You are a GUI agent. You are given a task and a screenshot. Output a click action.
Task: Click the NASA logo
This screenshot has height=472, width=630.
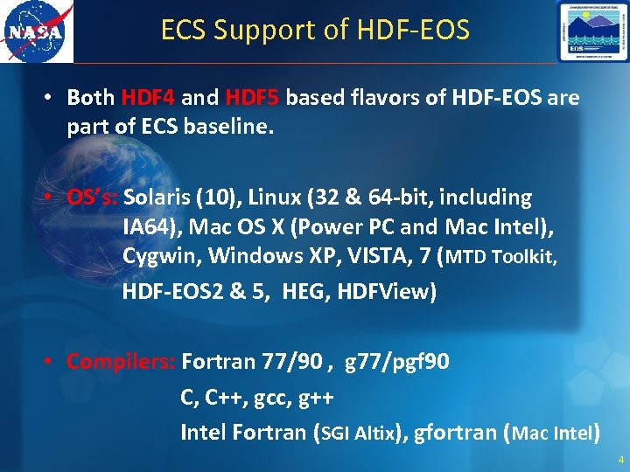point(36,31)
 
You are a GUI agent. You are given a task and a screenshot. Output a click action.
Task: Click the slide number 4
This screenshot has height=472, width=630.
point(620,460)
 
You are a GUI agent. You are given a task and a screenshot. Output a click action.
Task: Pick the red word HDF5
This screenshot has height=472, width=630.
point(252,97)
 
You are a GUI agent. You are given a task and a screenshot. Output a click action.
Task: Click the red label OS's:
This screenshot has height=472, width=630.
point(94,198)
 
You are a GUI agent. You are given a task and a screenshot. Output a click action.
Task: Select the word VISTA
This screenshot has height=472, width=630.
point(374,257)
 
